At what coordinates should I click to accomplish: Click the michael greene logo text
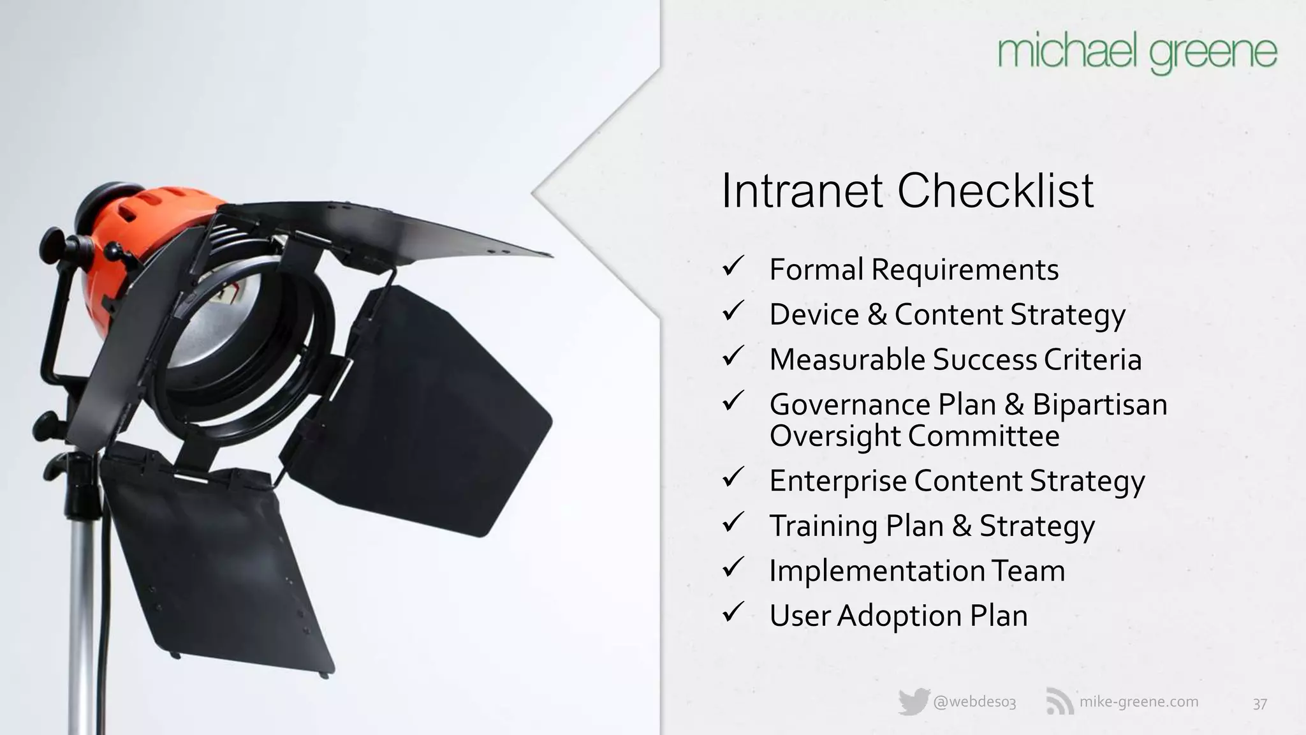pyautogui.click(x=1137, y=54)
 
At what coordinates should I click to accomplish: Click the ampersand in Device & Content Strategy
pyautogui.click(x=877, y=315)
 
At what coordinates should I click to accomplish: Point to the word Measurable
pyautogui.click(x=847, y=359)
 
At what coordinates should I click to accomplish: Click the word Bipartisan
pyautogui.click(x=1099, y=405)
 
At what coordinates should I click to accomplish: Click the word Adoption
pyautogui.click(x=899, y=616)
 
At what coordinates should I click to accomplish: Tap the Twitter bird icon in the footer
pyautogui.click(x=913, y=702)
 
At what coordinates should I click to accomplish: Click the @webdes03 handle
pyautogui.click(x=974, y=702)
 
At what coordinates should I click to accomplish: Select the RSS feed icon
pyautogui.click(x=1059, y=702)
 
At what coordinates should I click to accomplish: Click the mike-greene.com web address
pyautogui.click(x=1138, y=702)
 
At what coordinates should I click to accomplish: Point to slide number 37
pyautogui.click(x=1259, y=704)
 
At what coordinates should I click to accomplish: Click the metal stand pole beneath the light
pyautogui.click(x=82, y=606)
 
